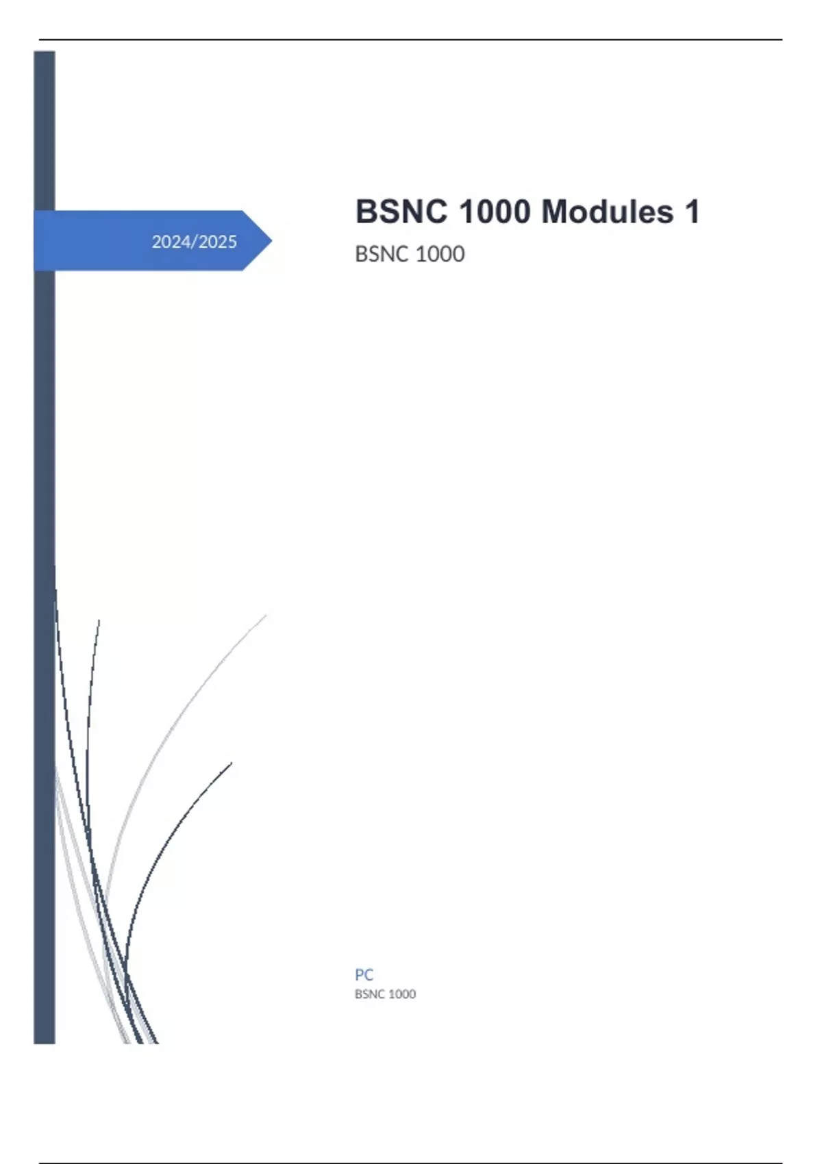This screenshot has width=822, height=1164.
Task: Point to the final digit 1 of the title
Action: coord(693,212)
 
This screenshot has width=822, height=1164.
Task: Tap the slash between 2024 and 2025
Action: coord(194,242)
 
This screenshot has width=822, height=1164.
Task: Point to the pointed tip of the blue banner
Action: coord(271,240)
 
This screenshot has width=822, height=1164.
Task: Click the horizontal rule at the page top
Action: coord(411,40)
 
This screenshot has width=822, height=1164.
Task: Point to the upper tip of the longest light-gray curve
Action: coord(266,615)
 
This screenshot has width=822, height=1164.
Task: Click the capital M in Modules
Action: coord(555,212)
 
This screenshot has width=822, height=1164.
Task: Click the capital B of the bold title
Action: coord(366,212)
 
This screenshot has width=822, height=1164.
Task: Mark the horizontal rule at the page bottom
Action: coord(411,1163)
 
